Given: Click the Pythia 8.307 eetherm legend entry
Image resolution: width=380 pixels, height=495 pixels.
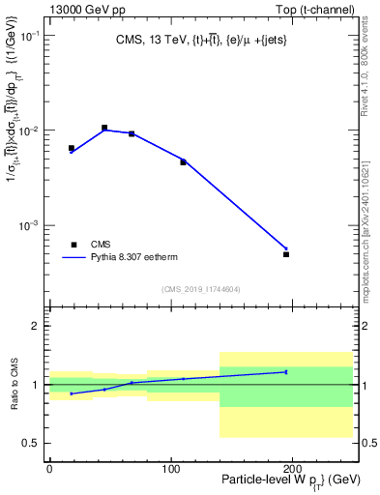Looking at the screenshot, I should coord(125,258).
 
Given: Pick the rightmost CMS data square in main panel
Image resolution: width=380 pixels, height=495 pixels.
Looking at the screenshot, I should coord(286,254).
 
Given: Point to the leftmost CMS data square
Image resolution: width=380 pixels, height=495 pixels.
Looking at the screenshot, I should coord(72,148).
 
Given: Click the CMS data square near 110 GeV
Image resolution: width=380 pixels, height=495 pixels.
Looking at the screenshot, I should coord(183,161).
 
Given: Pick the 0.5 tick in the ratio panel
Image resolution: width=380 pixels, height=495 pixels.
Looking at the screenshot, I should coord(33,443).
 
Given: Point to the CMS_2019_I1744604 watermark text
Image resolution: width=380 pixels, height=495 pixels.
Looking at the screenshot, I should coord(201,289).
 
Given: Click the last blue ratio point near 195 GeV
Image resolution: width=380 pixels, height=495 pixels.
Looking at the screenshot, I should coord(286,371).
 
